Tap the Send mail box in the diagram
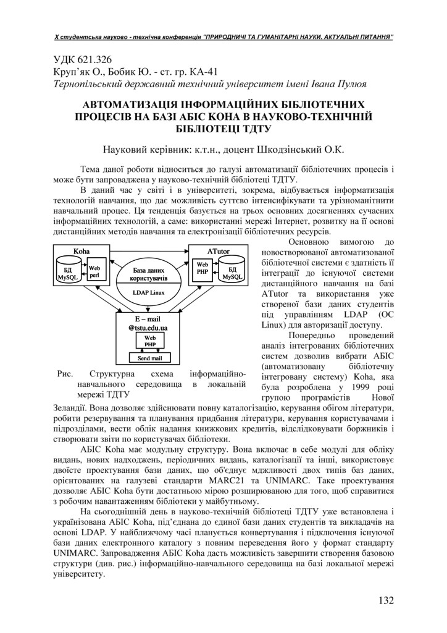point(149,358)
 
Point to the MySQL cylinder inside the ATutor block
point(232,273)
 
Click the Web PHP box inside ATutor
point(203,268)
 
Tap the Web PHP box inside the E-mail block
point(150,341)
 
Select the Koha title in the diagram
point(81,251)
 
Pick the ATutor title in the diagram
point(217,251)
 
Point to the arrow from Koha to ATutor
point(149,251)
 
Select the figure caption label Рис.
point(65,373)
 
